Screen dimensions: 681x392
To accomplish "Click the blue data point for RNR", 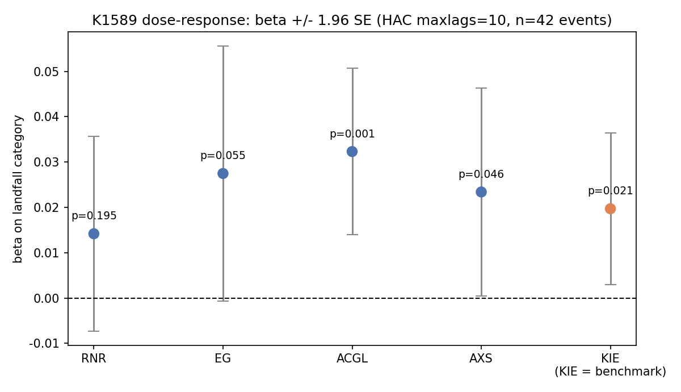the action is coord(94,233).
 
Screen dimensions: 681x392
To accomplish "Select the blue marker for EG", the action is coord(223,173).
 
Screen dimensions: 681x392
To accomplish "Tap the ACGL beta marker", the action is coord(352,151).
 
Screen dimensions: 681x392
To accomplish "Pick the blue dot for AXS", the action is coord(481,192).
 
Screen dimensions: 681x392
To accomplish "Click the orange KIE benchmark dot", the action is coord(610,208).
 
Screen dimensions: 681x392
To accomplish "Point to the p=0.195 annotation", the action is coord(94,216).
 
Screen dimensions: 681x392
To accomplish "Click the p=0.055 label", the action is coord(223,156).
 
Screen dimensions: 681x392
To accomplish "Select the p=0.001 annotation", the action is coord(352,134).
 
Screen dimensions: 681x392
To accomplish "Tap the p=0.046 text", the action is coord(481,174).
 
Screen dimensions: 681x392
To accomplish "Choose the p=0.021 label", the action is coord(610,191).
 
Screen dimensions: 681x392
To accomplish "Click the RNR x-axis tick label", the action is coord(94,358).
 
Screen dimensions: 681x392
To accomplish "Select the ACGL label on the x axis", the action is coord(352,358).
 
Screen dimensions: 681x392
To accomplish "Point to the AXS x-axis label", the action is coord(481,358).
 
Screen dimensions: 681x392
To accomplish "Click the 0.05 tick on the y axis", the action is coord(46,72).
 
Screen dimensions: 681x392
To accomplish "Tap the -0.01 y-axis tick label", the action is coord(44,344).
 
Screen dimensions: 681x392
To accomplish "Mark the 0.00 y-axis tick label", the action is coord(46,299).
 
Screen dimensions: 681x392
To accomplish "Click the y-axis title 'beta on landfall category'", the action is coord(18,189).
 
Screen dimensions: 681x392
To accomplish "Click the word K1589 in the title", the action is coord(115,20).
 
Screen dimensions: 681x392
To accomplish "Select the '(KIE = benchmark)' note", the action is coord(610,372).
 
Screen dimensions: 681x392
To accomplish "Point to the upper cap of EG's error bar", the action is coord(223,46).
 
